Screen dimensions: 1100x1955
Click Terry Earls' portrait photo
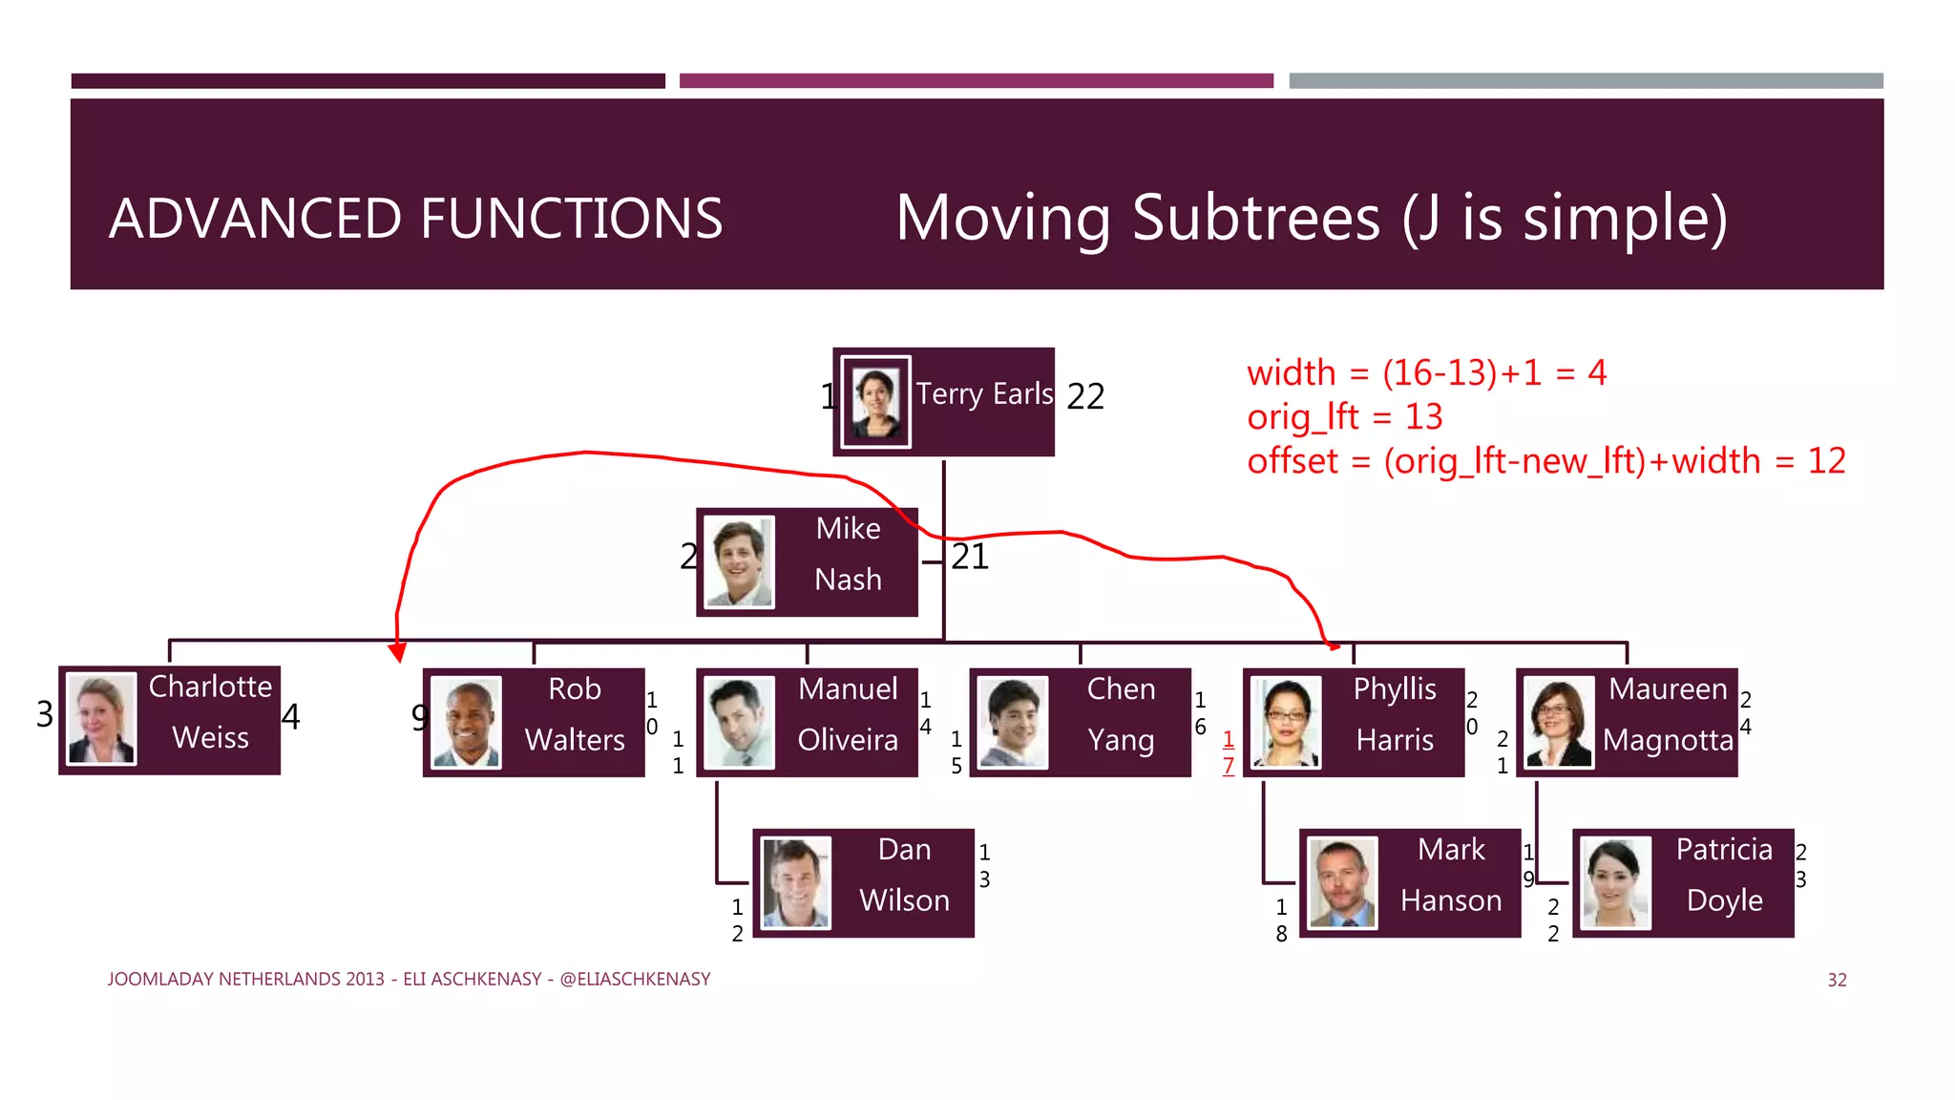[x=875, y=402]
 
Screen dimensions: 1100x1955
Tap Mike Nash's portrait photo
[x=738, y=562]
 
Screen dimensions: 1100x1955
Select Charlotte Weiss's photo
[x=101, y=719]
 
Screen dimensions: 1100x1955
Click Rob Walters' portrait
[x=466, y=723]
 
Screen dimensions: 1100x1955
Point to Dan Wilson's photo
[x=795, y=883]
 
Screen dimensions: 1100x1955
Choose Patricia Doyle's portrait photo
[x=1615, y=883]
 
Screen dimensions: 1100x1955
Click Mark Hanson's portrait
[x=1342, y=883]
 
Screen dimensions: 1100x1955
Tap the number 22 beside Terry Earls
[x=1085, y=396]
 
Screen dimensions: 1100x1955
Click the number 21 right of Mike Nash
[x=970, y=557]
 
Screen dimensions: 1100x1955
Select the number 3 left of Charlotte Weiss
[x=45, y=714]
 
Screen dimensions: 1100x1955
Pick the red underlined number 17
[x=1229, y=751]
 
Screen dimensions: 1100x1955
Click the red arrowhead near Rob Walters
[x=398, y=652]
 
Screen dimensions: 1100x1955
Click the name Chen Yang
[x=1121, y=714]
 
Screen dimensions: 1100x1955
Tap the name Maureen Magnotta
[x=1668, y=714]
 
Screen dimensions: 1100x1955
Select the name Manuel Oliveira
[x=848, y=714]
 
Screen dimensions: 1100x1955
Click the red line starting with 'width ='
[x=1426, y=372]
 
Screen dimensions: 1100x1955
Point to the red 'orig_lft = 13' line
[x=1344, y=416]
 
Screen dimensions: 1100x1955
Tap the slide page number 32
[x=1837, y=980]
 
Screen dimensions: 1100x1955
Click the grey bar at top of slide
[x=1586, y=81]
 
